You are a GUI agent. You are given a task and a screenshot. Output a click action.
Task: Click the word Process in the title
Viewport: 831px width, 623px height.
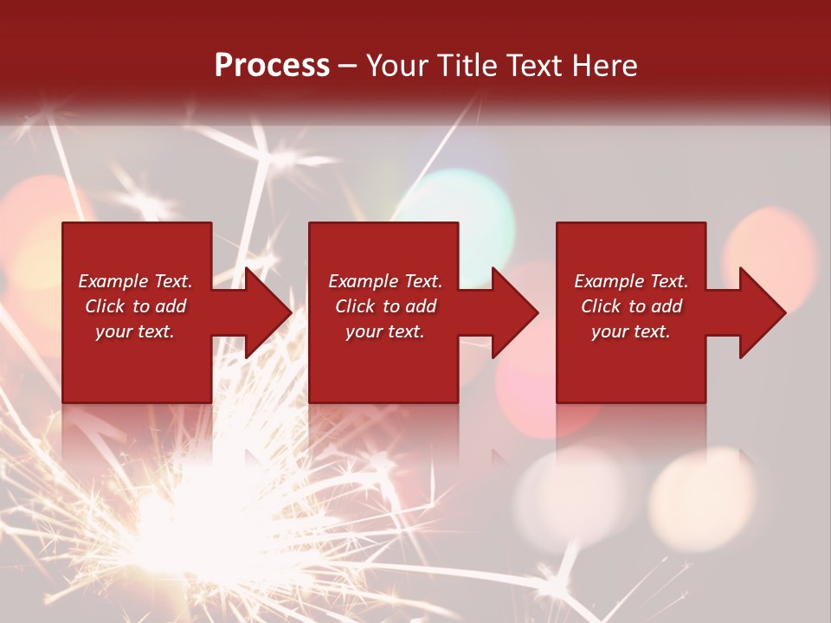(x=272, y=66)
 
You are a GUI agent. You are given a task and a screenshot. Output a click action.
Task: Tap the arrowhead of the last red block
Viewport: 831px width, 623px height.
(x=752, y=312)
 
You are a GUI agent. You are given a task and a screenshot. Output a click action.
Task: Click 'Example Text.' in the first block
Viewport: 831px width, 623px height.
(x=135, y=281)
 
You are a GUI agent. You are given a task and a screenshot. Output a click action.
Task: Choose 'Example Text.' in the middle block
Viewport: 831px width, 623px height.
(x=385, y=281)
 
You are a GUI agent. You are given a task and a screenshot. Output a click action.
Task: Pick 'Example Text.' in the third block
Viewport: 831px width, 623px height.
(x=631, y=281)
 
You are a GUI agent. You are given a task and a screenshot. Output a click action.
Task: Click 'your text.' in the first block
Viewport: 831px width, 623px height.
(x=135, y=331)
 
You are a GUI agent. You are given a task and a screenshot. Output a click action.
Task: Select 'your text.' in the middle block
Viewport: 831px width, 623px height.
(x=385, y=331)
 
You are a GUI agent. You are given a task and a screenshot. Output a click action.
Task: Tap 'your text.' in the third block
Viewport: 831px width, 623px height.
(x=631, y=331)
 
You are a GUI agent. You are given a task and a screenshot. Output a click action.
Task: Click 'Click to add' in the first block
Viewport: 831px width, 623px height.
(x=135, y=306)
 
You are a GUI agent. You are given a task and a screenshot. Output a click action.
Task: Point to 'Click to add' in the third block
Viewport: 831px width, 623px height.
(x=631, y=306)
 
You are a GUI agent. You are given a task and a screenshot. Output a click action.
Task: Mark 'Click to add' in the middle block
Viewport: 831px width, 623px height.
(x=385, y=306)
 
